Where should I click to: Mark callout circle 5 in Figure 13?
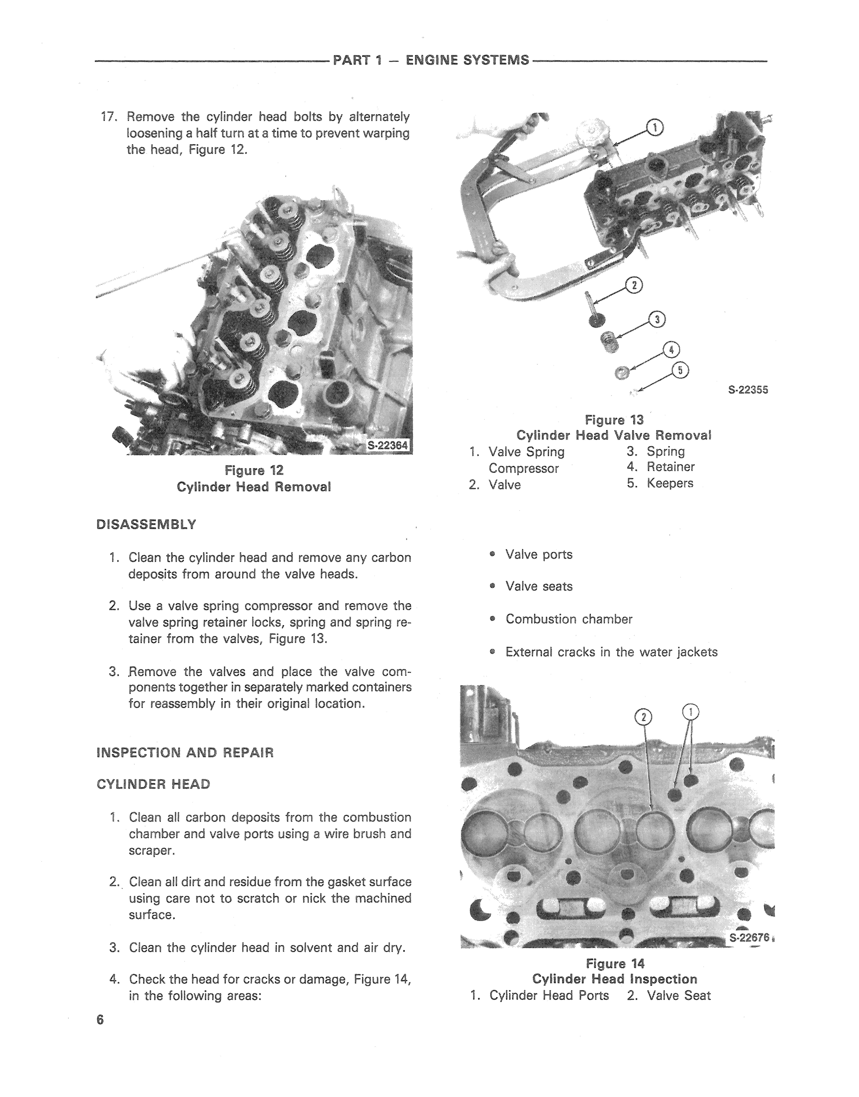[681, 371]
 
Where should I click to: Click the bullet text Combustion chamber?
[569, 619]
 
